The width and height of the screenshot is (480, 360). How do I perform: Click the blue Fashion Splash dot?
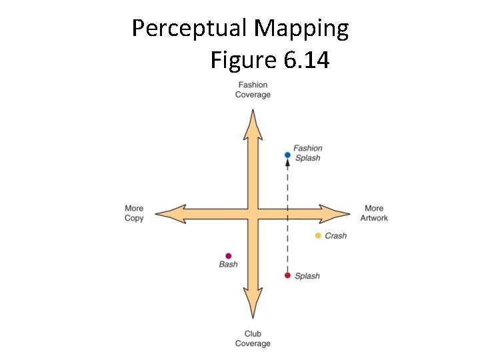tap(287, 155)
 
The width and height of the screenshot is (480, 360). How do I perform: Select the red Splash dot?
tap(287, 275)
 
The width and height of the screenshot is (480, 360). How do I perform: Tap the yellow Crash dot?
tap(318, 235)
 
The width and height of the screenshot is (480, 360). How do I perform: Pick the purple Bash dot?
tap(228, 255)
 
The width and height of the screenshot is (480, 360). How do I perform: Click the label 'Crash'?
tap(336, 236)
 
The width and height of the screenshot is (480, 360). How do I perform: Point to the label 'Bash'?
tap(228, 265)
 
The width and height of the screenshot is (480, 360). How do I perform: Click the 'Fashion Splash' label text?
tap(307, 153)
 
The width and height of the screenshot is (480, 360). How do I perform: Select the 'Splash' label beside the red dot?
tap(307, 276)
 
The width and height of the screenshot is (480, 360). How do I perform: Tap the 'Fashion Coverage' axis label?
tap(253, 90)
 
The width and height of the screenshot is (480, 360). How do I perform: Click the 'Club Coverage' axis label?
tap(253, 339)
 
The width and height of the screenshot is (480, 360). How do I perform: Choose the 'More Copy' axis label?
tap(134, 213)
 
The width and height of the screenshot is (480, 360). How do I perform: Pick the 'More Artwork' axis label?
tap(374, 213)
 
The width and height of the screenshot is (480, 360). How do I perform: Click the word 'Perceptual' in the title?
tap(189, 29)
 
